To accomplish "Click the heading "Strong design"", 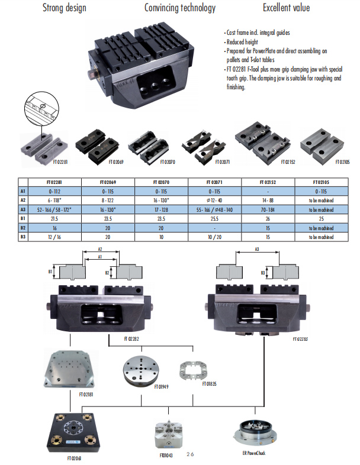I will click(64, 8).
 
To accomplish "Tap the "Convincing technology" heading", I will click(180, 8).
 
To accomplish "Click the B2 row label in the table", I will click(22, 227).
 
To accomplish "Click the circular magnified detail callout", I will click(39, 109).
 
